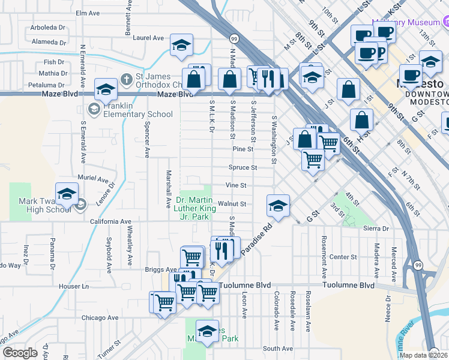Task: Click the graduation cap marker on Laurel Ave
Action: (x=181, y=46)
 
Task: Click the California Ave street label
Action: (x=110, y=221)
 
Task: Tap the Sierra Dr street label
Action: (x=376, y=229)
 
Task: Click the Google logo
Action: (x=20, y=353)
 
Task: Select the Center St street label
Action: (x=343, y=257)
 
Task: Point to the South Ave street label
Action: (x=277, y=348)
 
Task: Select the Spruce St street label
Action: (x=243, y=167)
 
